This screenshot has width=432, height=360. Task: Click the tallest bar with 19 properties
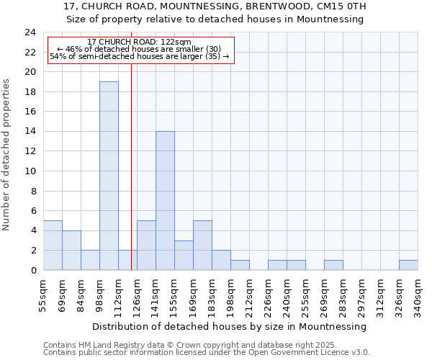click(x=109, y=176)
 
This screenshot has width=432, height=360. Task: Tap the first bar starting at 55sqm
click(x=53, y=245)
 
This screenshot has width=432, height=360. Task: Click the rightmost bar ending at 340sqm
click(x=408, y=265)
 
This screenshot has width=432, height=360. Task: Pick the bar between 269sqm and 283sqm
click(x=333, y=265)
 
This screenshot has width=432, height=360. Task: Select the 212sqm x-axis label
click(x=249, y=294)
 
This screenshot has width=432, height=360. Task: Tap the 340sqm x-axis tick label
click(x=418, y=294)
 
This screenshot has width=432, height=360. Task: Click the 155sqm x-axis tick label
click(x=175, y=294)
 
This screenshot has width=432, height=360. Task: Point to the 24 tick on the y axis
click(x=30, y=32)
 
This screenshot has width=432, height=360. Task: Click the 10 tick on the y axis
click(x=30, y=171)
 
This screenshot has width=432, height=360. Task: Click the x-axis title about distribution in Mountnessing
click(x=230, y=326)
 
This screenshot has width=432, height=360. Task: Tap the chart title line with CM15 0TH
click(x=215, y=6)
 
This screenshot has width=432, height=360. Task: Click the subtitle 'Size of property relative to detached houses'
click(x=215, y=19)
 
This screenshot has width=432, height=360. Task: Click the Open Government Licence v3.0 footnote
click(x=207, y=352)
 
